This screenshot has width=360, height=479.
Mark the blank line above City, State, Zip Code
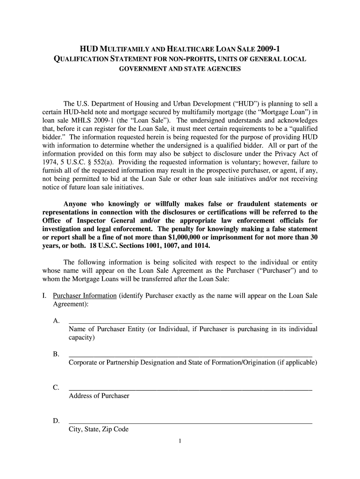(190, 422)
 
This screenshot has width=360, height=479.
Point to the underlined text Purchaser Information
(85, 296)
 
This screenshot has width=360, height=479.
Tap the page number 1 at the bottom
(180, 441)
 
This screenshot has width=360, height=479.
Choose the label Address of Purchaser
(99, 396)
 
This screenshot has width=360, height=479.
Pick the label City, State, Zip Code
(98, 429)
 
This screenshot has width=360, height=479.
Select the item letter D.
(56, 421)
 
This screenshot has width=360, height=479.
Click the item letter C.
(56, 388)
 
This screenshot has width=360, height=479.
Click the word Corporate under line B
(83, 363)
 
